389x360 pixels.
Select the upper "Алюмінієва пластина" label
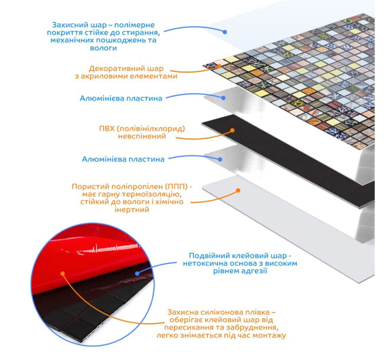tap(121, 98)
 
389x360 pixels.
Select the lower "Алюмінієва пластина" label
tap(123, 159)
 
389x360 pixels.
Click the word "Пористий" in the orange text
tap(87, 186)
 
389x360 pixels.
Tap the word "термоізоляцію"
tap(152, 194)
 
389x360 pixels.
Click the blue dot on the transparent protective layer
tap(225, 32)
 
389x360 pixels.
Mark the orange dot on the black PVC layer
tap(232, 130)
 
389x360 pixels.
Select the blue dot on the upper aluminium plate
tap(224, 98)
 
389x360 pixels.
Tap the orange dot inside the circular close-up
tap(63, 274)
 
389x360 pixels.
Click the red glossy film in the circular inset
tap(86, 251)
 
